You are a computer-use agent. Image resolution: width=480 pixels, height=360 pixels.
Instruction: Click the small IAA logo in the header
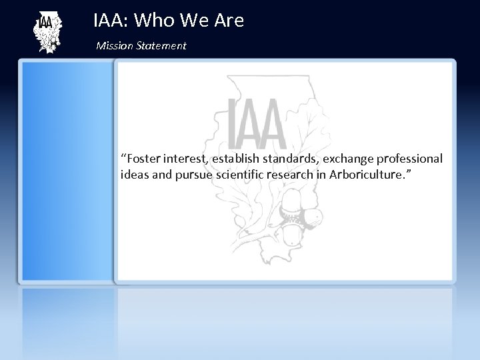click(47, 33)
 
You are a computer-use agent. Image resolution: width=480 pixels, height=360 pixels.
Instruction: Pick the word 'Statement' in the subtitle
click(161, 46)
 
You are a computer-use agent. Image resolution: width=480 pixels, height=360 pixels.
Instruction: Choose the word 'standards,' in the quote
click(302, 159)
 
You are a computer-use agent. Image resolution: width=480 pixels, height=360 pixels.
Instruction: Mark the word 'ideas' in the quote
click(135, 175)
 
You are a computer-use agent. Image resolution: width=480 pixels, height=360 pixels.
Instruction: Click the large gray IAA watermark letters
click(257, 123)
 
